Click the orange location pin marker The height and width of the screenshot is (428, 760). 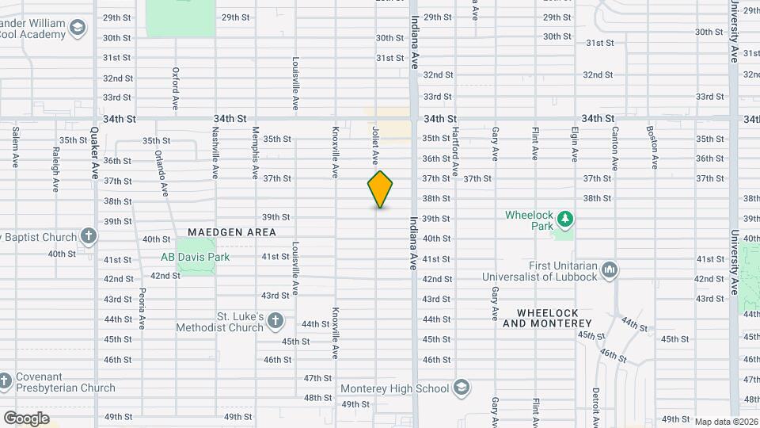[381, 189]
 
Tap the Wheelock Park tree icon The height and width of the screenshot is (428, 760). [564, 217]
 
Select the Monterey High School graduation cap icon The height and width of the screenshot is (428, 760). [462, 388]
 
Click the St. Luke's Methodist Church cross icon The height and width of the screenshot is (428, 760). [275, 321]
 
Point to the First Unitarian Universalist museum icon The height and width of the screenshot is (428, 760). [610, 270]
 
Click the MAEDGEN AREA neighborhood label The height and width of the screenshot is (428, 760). [232, 232]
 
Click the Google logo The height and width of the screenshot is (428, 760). [26, 418]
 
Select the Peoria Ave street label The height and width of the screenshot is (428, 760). [142, 308]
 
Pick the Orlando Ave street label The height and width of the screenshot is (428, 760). [162, 173]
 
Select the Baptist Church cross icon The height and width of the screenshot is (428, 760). [89, 236]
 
